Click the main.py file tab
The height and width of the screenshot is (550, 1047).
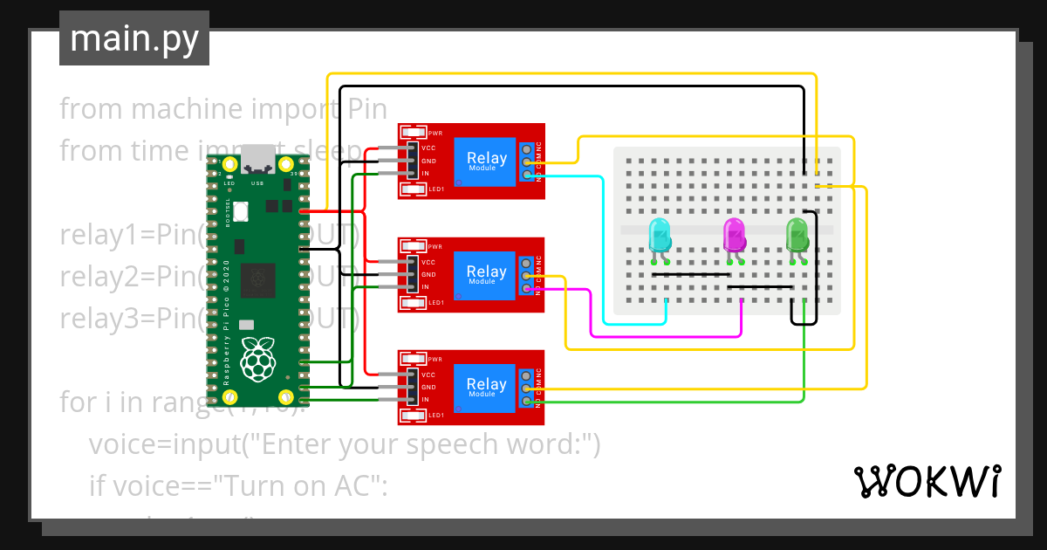click(x=133, y=39)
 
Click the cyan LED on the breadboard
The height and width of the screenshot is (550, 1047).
click(x=660, y=237)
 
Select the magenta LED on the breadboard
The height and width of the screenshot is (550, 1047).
click(x=735, y=237)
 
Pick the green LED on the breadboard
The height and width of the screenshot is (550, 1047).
click(x=797, y=237)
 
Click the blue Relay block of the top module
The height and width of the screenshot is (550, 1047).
click(x=486, y=161)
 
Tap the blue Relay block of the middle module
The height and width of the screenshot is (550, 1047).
click(x=486, y=274)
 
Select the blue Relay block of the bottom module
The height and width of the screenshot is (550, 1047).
click(x=486, y=387)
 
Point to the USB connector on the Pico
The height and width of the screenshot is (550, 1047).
click(x=257, y=159)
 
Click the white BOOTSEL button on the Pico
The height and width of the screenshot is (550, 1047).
click(x=241, y=211)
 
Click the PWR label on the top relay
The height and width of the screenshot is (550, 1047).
click(x=435, y=134)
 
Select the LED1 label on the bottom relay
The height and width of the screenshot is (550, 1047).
click(x=436, y=415)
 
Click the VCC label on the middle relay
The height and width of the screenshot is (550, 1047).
click(x=428, y=262)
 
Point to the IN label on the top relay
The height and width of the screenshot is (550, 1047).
click(x=426, y=174)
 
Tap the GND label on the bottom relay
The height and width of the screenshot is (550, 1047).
click(x=428, y=387)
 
